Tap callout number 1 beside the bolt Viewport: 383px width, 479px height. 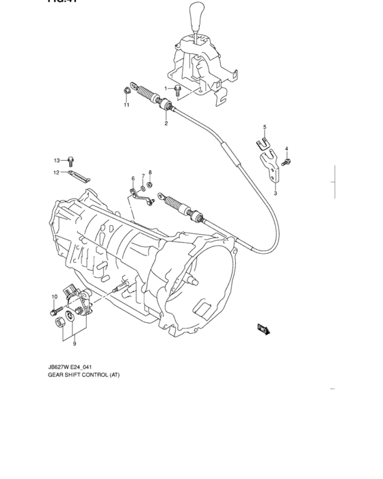click(x=166, y=88)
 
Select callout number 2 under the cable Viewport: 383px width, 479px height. click(x=166, y=123)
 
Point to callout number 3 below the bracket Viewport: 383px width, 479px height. click(x=275, y=194)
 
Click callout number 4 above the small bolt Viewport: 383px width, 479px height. click(x=287, y=149)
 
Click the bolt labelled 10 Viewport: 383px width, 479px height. click(x=54, y=311)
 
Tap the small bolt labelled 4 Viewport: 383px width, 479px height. click(x=287, y=161)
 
